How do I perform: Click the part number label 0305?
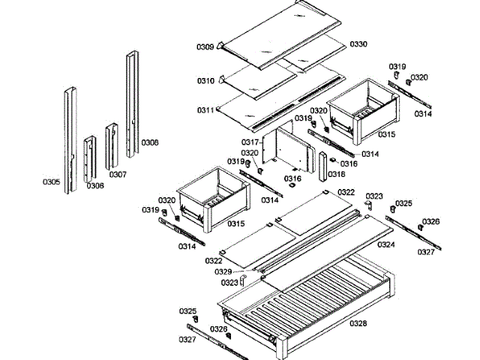51,181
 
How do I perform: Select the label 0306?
95,185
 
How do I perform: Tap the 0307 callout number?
118,174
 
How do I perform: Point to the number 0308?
150,142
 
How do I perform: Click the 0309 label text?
205,47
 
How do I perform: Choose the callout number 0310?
205,81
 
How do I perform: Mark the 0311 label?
205,110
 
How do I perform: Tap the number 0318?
337,174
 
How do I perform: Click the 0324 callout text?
386,244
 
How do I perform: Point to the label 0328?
358,323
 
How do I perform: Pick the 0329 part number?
223,271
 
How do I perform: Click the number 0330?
358,44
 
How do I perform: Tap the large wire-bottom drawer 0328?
307,300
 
